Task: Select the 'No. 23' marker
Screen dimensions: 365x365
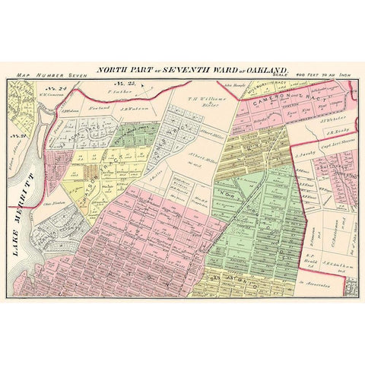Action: point(119,82)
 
